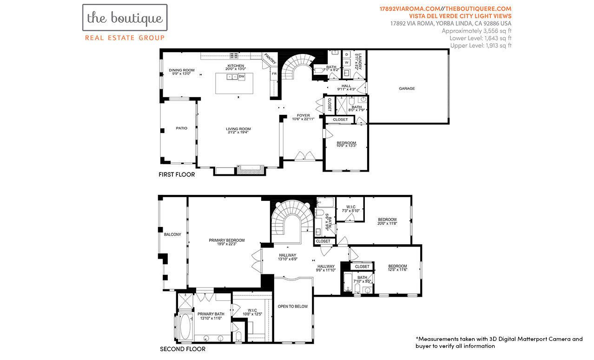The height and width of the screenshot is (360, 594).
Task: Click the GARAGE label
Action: pos(407,88)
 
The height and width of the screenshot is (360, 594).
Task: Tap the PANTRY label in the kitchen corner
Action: pos(270,59)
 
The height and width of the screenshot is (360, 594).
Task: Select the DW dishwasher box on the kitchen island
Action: pos(241,77)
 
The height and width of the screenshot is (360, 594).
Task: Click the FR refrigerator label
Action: pos(274,73)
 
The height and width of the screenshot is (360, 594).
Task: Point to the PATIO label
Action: pos(181,128)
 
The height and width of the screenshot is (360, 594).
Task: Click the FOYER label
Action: pos(303,115)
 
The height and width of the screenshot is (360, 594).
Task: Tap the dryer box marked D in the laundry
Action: pos(347,54)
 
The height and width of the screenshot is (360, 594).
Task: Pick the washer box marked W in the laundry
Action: pos(347,63)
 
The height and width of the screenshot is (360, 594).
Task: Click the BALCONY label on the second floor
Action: pos(172,234)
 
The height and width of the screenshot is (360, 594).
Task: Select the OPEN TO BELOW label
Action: pos(292,307)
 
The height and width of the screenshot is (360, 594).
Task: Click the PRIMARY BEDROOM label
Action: pos(226,240)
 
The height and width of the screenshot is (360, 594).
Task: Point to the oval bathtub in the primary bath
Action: pos(185,327)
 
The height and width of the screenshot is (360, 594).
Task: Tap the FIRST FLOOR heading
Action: pos(177,174)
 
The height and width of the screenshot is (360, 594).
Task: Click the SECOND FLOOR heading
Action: pos(183,349)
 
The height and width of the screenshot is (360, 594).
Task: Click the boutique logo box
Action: pos(125,18)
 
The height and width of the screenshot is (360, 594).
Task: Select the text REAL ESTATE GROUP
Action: pos(125,38)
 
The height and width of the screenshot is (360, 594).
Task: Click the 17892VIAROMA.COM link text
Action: pos(409,9)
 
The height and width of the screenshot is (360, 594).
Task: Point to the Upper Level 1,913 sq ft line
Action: pos(481,46)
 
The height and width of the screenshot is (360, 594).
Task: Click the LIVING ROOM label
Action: pos(238,129)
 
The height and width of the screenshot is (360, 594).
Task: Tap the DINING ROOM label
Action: pos(181,70)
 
